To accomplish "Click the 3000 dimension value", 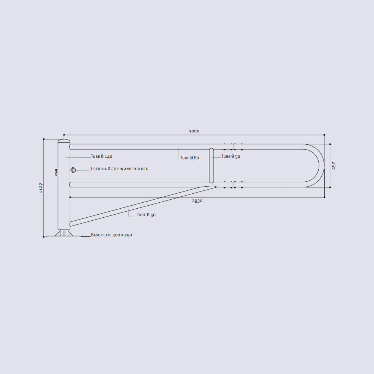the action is pos(194,131).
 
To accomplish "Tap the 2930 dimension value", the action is pos(197,201).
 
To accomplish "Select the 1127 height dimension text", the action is pos(41,188).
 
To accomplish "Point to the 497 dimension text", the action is pos(334,166).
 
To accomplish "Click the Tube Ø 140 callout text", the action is pos(102,156).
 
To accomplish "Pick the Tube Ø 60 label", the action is pos(190,158).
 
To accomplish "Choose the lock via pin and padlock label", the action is pos(120,169).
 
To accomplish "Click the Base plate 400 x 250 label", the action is pos(111,235).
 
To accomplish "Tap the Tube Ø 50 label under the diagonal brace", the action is pos(146,215).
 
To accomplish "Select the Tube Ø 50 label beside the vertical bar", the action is pos(231,156).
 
